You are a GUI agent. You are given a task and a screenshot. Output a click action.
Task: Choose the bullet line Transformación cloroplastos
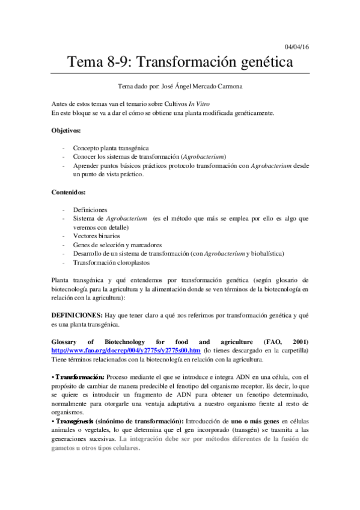(x=111, y=262)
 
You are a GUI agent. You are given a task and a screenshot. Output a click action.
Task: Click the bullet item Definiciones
(x=91, y=209)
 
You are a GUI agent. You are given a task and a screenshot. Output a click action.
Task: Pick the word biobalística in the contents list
(x=265, y=254)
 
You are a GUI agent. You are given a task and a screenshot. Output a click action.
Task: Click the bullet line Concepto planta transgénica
(x=111, y=148)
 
